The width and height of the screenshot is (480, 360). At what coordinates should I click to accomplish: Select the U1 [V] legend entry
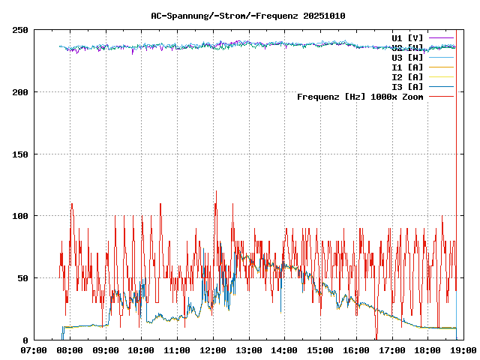(x=407, y=37)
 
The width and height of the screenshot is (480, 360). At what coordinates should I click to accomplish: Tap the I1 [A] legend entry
(x=407, y=67)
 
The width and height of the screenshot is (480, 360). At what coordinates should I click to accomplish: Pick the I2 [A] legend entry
(x=407, y=76)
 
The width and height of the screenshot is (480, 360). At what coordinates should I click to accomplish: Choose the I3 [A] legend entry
(x=407, y=86)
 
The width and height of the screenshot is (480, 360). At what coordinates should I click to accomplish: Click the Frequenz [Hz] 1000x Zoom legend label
(x=360, y=96)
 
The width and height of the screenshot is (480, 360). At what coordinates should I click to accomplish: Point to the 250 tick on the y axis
(x=20, y=30)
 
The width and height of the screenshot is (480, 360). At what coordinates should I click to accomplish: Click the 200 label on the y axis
(x=20, y=92)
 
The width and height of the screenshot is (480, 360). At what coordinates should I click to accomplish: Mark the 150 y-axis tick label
(x=20, y=154)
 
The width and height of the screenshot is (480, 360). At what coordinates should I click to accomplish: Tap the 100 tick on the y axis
(x=20, y=216)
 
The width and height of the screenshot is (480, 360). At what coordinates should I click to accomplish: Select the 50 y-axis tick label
(x=22, y=278)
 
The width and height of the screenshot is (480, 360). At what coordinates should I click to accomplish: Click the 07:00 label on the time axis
(x=34, y=350)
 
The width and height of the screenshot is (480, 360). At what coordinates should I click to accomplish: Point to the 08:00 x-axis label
(x=70, y=350)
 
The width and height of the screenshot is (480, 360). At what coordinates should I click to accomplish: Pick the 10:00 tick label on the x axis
(x=142, y=350)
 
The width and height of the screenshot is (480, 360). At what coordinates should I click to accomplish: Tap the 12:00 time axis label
(x=213, y=350)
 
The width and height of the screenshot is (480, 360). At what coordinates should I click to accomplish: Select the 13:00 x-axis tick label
(x=249, y=350)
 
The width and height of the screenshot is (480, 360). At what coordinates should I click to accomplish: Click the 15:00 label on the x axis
(x=320, y=350)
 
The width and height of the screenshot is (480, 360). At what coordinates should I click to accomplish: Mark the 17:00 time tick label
(x=392, y=350)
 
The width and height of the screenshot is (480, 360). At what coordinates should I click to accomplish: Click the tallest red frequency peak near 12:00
(x=216, y=191)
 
